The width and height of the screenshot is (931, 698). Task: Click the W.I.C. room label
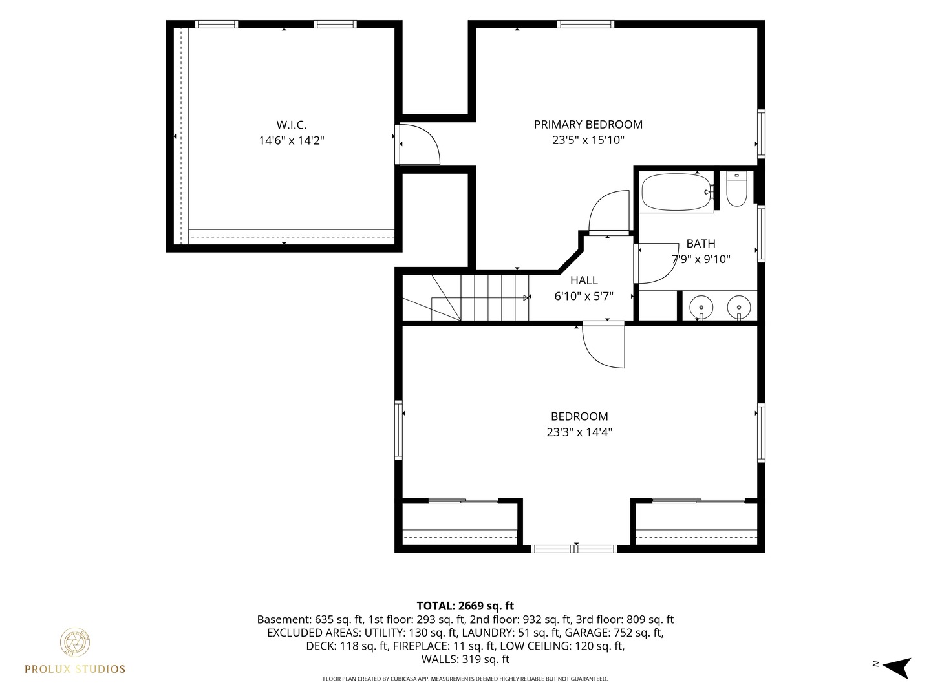click(x=292, y=125)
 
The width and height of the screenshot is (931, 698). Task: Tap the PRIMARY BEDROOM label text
click(x=588, y=125)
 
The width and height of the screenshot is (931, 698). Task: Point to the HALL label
click(x=584, y=280)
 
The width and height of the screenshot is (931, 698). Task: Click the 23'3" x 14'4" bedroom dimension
click(x=579, y=432)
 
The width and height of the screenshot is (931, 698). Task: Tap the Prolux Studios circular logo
click(x=74, y=642)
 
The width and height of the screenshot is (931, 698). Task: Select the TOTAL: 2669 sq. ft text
click(x=465, y=606)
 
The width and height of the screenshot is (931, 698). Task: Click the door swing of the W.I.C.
click(x=420, y=144)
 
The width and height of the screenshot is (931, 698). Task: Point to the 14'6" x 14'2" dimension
click(x=292, y=140)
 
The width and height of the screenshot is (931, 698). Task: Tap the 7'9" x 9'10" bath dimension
click(x=701, y=259)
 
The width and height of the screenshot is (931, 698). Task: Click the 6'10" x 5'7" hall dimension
click(x=584, y=296)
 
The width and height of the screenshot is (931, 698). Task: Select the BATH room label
click(x=701, y=244)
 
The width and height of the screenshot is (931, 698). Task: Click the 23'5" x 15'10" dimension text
click(x=588, y=140)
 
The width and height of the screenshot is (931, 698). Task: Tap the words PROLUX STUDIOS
click(x=75, y=669)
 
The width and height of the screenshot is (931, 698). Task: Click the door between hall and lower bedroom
click(x=604, y=345)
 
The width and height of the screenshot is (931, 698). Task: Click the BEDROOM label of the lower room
click(x=579, y=417)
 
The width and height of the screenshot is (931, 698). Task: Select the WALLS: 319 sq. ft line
click(x=465, y=659)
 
